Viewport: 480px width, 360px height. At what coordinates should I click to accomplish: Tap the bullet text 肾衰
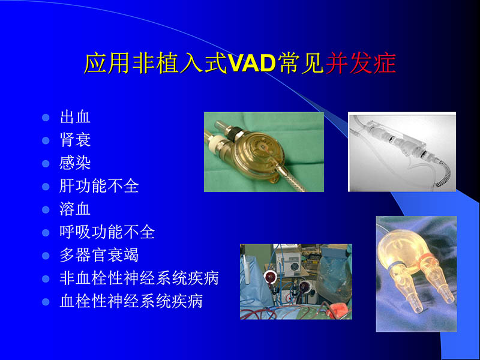(x=75, y=140)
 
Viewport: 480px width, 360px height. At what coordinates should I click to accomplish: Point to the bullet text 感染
(x=75, y=163)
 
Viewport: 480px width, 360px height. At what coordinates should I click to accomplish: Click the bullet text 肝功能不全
(x=99, y=186)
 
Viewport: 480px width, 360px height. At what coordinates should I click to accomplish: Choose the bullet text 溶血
(x=75, y=209)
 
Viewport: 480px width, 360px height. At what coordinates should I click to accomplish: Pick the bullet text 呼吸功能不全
(x=107, y=232)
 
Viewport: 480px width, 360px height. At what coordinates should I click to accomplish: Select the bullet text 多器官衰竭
(x=99, y=255)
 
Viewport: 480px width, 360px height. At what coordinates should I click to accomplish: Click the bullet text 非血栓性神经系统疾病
(x=139, y=278)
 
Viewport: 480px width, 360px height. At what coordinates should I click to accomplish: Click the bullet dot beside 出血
(x=46, y=117)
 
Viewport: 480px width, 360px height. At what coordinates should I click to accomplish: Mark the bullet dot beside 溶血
(x=46, y=210)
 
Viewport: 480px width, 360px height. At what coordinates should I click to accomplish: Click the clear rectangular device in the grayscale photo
(x=396, y=144)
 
